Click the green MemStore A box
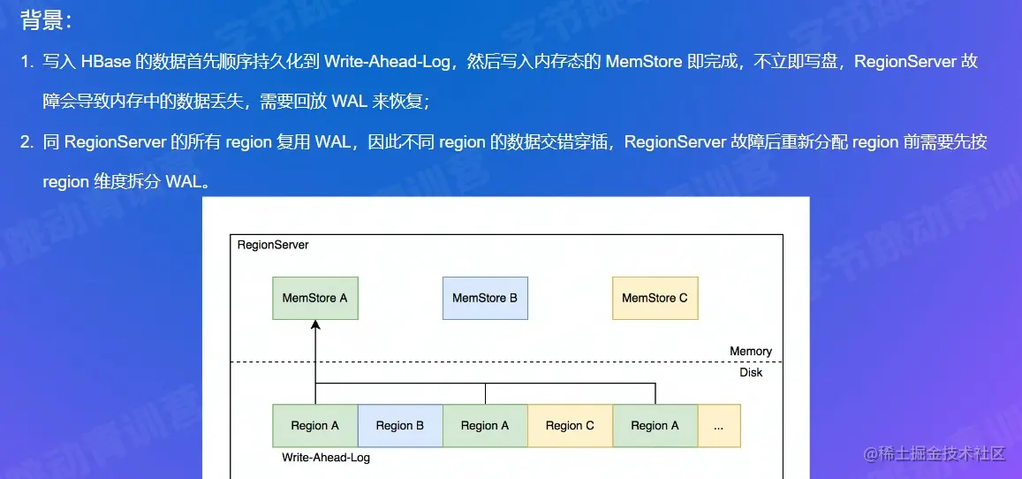point(314,298)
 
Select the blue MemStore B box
point(485,298)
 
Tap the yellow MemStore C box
point(655,298)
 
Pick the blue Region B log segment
point(399,425)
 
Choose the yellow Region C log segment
point(570,425)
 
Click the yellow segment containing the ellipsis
point(719,425)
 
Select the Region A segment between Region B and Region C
point(485,425)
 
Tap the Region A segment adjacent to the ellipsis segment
point(655,425)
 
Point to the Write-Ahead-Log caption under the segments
point(326,458)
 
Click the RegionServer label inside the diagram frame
point(273,244)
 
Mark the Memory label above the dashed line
point(751,351)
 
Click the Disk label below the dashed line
point(751,372)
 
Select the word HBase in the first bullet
point(106,62)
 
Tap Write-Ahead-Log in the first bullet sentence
point(389,62)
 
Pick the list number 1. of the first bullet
point(27,62)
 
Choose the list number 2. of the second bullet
point(27,142)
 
